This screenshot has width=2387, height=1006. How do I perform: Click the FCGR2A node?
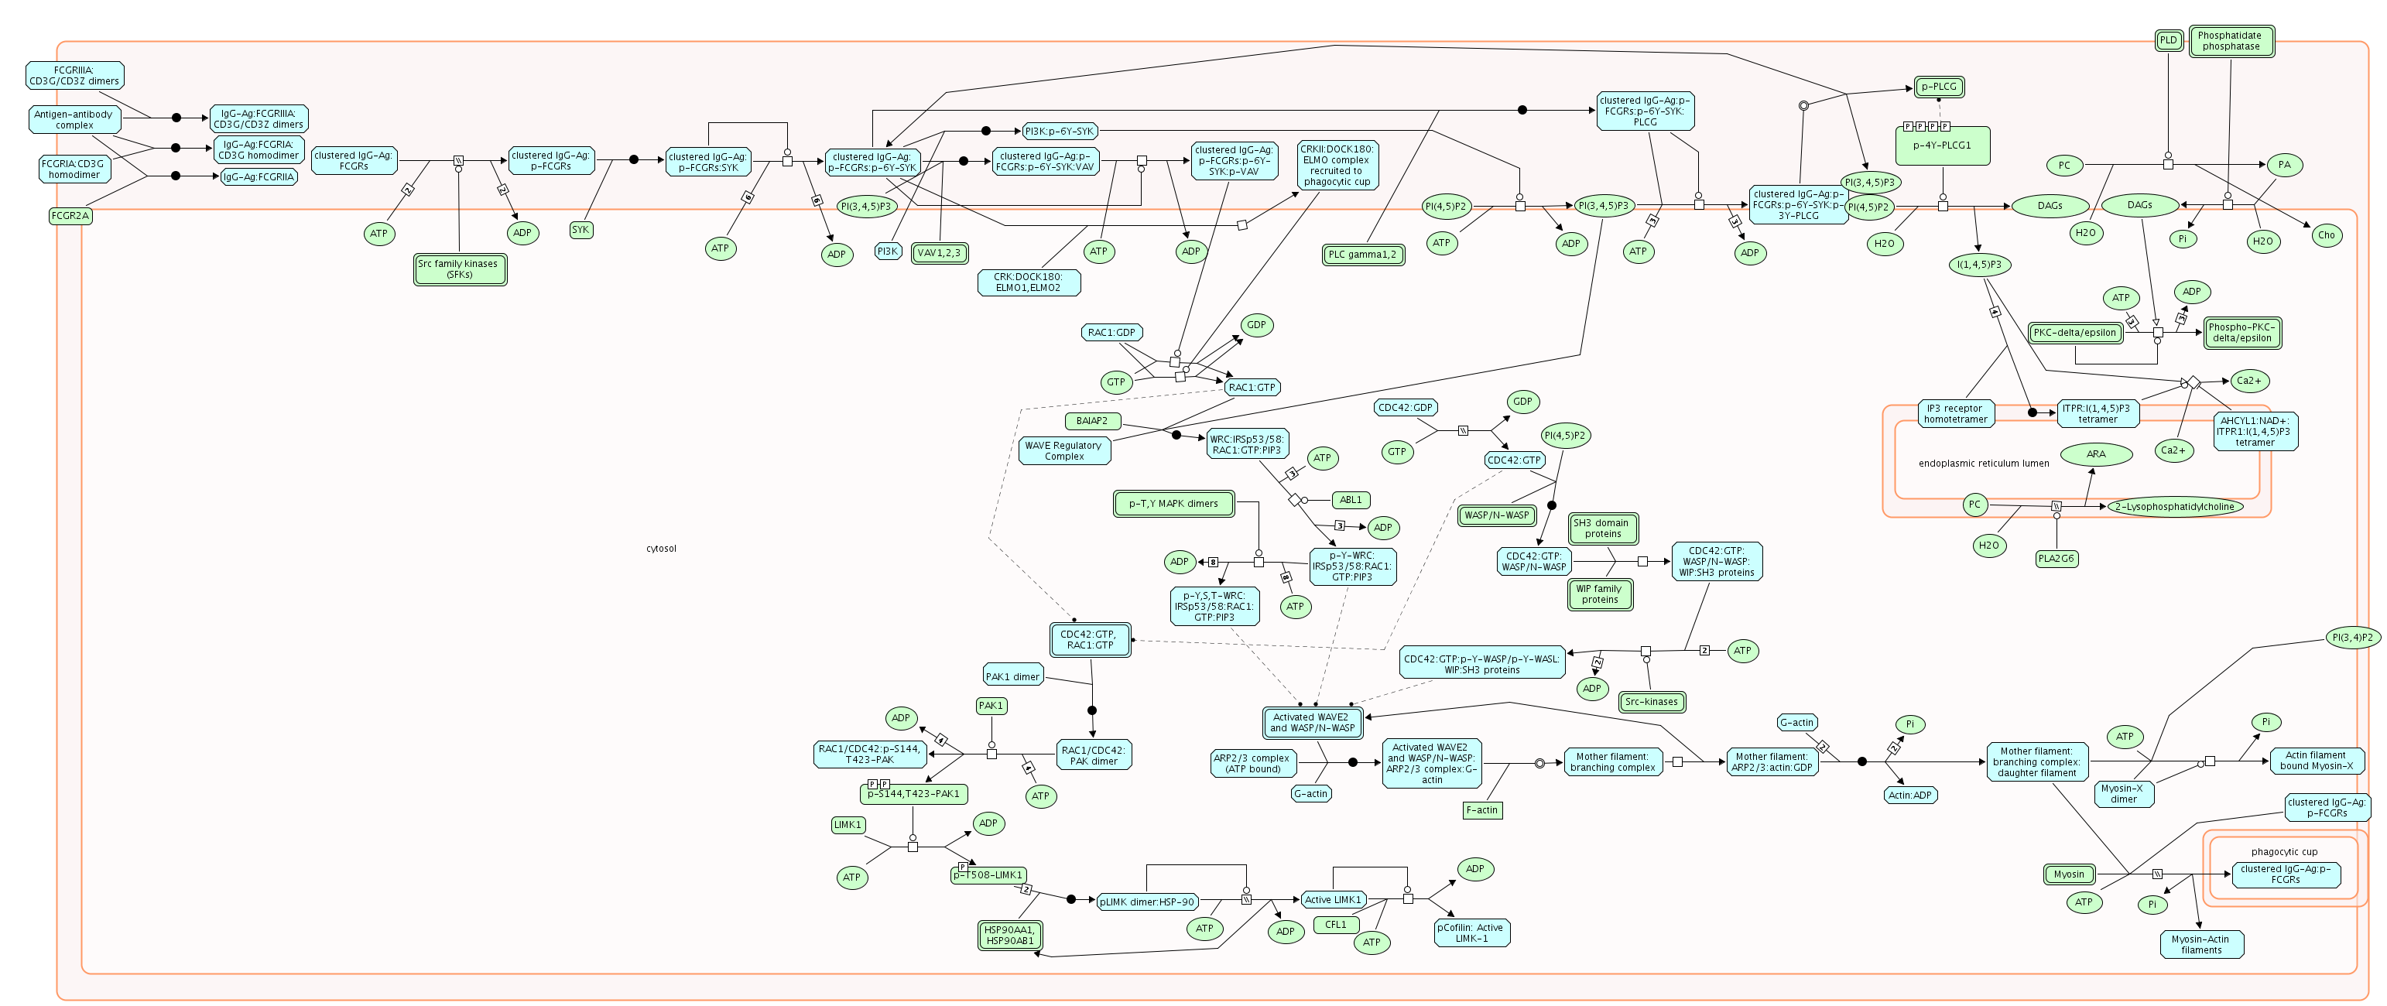pyautogui.click(x=70, y=216)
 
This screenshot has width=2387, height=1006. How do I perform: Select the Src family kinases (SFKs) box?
pyautogui.click(x=460, y=269)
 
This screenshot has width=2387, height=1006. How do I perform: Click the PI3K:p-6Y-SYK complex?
pyautogui.click(x=1059, y=131)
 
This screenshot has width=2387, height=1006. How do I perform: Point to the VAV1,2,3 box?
pyautogui.click(x=940, y=253)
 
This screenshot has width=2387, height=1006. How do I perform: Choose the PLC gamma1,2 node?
pyautogui.click(x=1362, y=255)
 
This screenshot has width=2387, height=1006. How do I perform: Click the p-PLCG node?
pyautogui.click(x=1939, y=87)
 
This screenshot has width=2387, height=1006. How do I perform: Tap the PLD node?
pyautogui.click(x=2168, y=39)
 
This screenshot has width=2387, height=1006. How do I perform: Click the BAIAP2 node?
pyautogui.click(x=1091, y=420)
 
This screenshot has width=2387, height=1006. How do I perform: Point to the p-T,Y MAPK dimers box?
pyautogui.click(x=1173, y=504)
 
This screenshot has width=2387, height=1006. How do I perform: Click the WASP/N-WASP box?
pyautogui.click(x=1496, y=515)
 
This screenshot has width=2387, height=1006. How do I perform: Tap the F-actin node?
pyautogui.click(x=1481, y=809)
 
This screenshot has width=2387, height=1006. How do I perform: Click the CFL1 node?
pyautogui.click(x=1335, y=925)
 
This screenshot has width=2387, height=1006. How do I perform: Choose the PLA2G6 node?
pyautogui.click(x=2057, y=559)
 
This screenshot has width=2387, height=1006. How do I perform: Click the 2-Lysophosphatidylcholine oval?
pyautogui.click(x=2175, y=507)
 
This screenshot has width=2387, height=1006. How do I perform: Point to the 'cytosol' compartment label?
pyautogui.click(x=661, y=549)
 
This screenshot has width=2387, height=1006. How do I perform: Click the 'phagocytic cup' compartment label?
pyautogui.click(x=2284, y=851)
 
